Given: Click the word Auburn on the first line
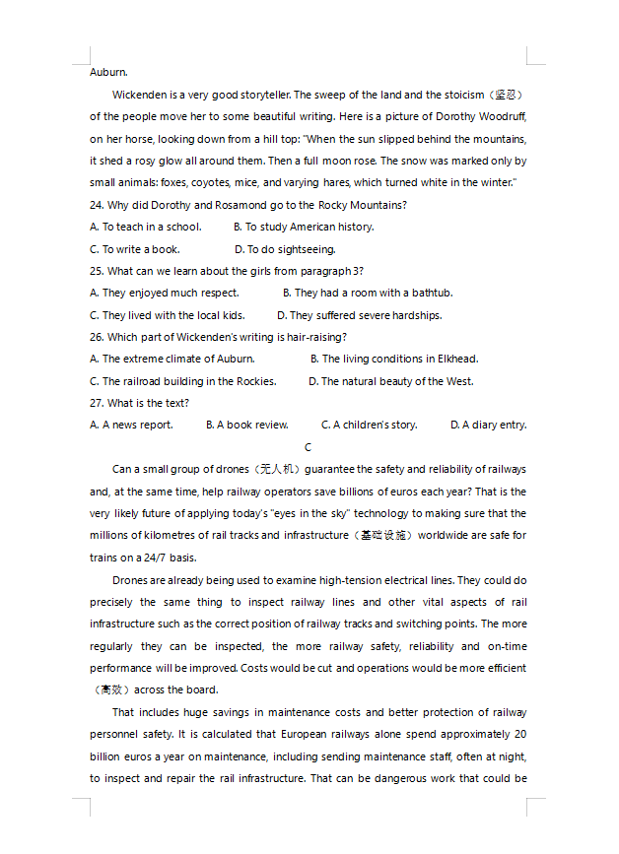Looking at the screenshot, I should [107, 72].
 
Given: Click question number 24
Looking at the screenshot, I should [96, 205].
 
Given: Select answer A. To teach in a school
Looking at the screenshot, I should [145, 227].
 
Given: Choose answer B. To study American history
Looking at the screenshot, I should [304, 227].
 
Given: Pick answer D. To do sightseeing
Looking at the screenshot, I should [285, 249].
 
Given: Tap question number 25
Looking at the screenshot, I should [96, 271].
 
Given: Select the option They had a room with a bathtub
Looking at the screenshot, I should [368, 293].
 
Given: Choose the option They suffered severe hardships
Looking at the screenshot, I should [359, 315].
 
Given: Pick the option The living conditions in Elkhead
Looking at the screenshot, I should [394, 359].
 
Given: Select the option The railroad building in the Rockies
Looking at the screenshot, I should [182, 381].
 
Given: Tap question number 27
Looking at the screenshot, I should [96, 403].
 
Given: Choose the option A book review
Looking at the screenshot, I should [246, 425].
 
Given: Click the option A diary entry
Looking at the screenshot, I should [488, 425].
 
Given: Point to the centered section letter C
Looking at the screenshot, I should [309, 447].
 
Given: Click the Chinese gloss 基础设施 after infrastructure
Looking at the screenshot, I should [381, 536].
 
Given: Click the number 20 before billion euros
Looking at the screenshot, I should [520, 734].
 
